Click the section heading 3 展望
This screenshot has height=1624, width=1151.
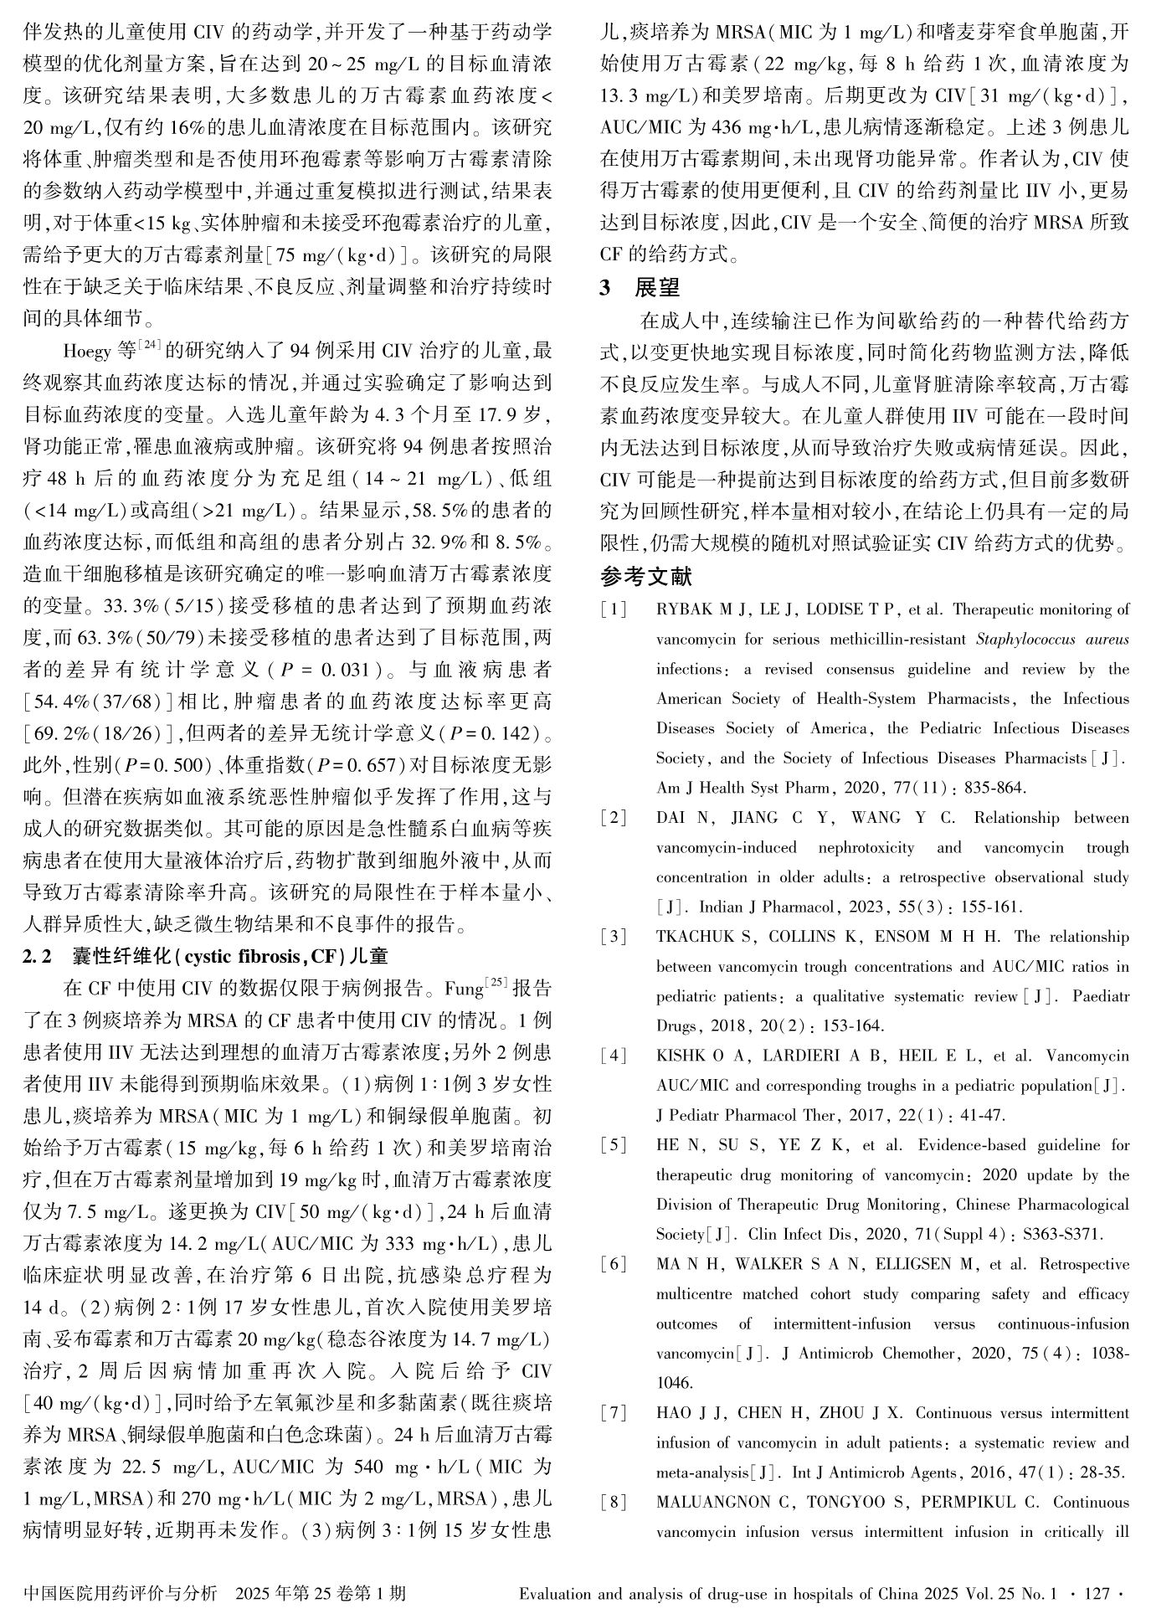click(640, 287)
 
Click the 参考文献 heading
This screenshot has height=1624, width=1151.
click(646, 576)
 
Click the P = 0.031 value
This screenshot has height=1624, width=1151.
click(325, 670)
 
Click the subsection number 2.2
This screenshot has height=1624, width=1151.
click(37, 956)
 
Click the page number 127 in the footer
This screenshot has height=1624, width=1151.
click(1096, 1593)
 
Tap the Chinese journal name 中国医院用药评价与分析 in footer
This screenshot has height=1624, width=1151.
click(121, 1593)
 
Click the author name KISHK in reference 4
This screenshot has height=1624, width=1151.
click(681, 1056)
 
